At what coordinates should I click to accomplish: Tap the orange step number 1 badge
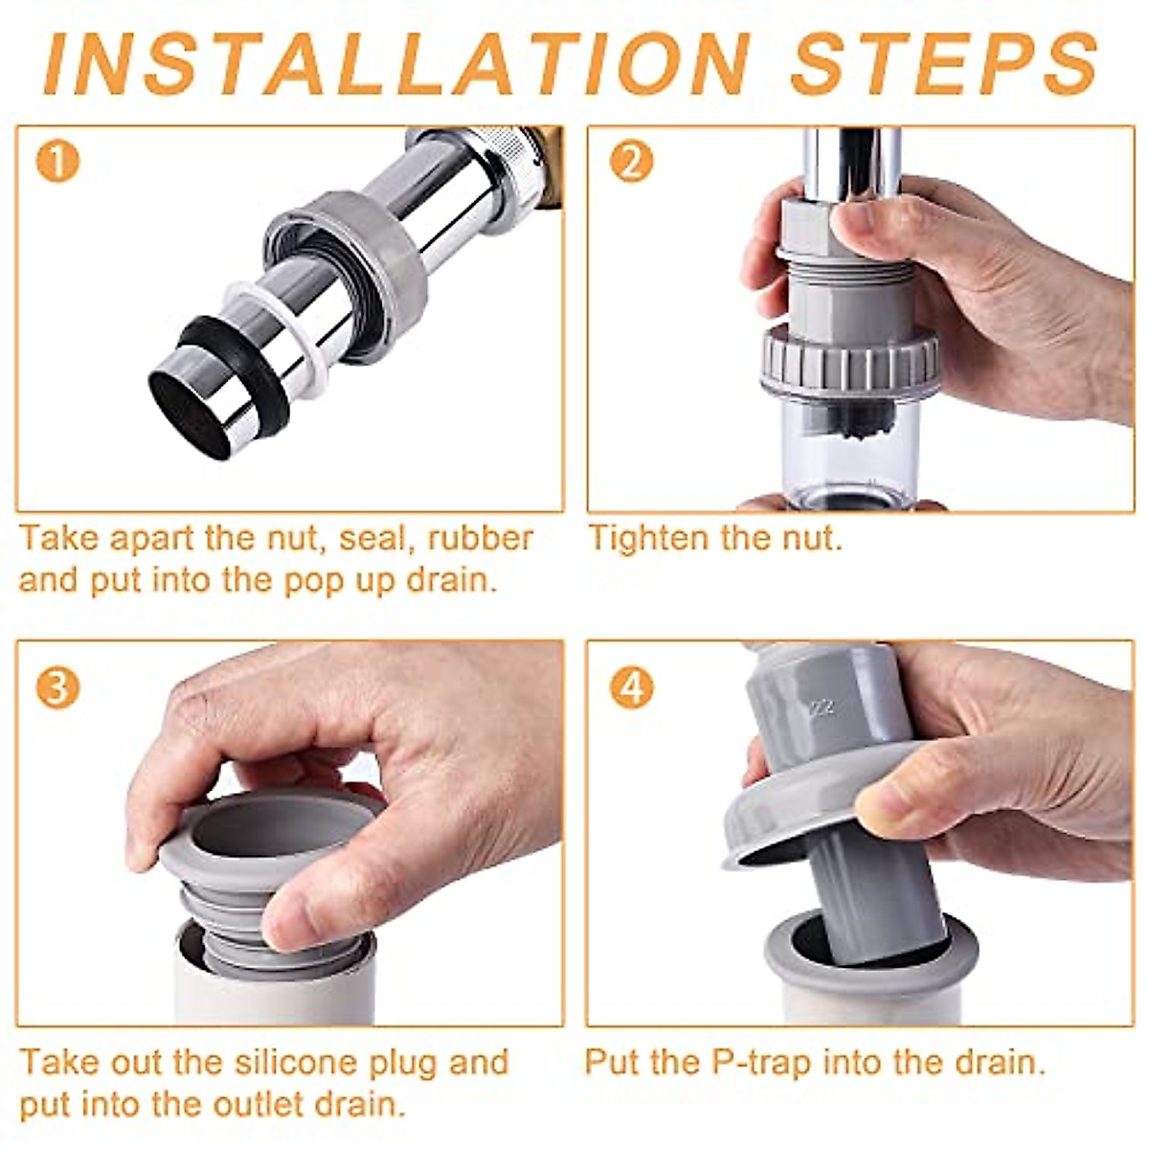coord(56,163)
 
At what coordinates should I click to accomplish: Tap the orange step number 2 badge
coord(630,163)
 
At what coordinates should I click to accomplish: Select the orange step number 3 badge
coord(56,687)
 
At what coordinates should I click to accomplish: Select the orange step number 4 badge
coord(630,687)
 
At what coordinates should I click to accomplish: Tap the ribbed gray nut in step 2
coord(849,362)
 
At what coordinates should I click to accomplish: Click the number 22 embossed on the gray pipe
coord(821,708)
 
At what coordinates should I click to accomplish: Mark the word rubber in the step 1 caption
coord(480,538)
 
